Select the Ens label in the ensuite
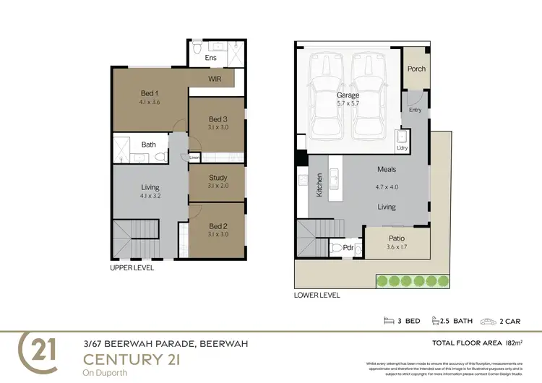tap(211, 57)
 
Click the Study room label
tap(218, 177)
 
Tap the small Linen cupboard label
tap(194, 157)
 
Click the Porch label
tap(416, 69)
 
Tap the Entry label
tap(415, 110)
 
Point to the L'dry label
tap(403, 148)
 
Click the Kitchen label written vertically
tap(319, 184)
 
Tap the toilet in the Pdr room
tap(336, 248)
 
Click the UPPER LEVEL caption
tap(132, 267)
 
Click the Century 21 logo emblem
tap(42, 353)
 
